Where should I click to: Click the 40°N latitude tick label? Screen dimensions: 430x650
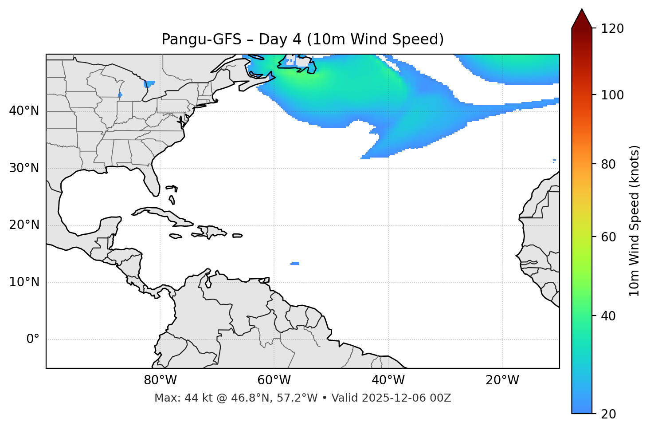[x=24, y=111]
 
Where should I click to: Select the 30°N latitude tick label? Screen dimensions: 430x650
[x=24, y=168]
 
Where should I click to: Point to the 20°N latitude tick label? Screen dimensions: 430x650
[x=24, y=225]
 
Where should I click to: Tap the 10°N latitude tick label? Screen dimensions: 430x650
[x=24, y=282]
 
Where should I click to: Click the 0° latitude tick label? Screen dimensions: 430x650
[x=33, y=339]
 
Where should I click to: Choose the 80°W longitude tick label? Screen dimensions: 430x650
[x=160, y=380]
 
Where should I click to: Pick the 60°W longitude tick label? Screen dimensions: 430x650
[x=274, y=380]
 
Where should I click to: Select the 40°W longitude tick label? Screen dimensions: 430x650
[x=388, y=380]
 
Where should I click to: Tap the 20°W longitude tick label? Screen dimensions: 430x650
[x=502, y=380]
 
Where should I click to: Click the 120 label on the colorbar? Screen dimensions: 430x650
[x=612, y=29]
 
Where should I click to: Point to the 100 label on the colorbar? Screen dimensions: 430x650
[x=612, y=95]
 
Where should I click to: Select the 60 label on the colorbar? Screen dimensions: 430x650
[x=608, y=237]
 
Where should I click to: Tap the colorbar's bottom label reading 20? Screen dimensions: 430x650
[x=608, y=414]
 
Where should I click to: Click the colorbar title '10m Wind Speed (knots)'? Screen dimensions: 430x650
[x=634, y=221]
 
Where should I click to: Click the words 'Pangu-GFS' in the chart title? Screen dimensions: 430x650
[x=201, y=39]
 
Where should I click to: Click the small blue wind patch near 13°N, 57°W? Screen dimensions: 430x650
[x=295, y=264]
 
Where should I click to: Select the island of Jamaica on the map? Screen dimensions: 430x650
[x=176, y=237]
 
